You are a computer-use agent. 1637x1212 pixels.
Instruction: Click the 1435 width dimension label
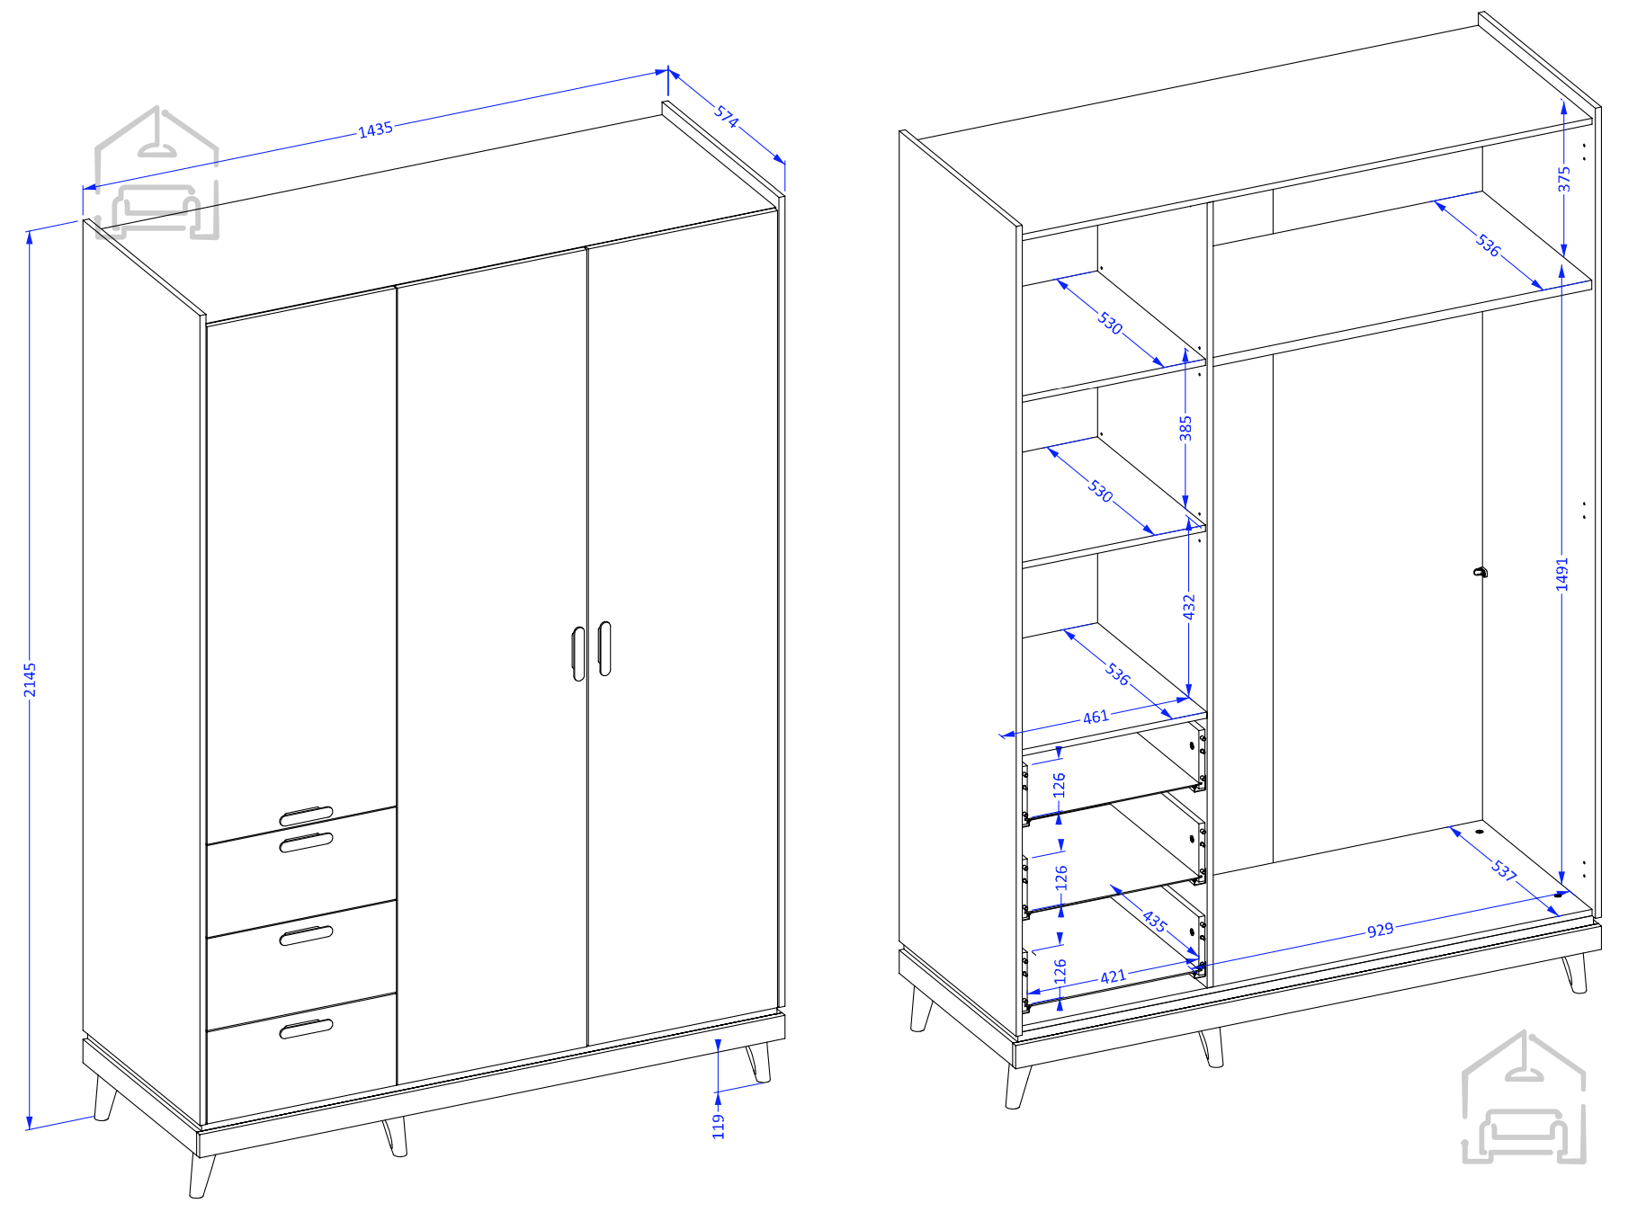tap(376, 129)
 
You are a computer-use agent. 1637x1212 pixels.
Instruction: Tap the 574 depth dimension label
tap(727, 117)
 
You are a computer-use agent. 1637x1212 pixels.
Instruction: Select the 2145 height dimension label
tap(30, 680)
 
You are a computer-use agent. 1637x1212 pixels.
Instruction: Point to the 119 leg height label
tap(718, 1126)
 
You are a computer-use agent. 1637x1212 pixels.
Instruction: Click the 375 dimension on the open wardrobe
tap(1564, 179)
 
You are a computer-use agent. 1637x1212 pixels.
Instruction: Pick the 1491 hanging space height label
tap(1562, 575)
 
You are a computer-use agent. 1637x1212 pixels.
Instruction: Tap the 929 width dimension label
tap(1380, 930)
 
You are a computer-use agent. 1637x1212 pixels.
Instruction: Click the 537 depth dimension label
tap(1504, 870)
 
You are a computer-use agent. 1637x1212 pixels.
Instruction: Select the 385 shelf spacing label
tap(1185, 428)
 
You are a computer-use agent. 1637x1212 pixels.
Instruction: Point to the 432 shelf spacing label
tap(1189, 607)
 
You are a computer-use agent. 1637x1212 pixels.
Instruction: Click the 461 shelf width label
tap(1096, 717)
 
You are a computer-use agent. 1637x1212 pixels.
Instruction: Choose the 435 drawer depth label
tap(1155, 921)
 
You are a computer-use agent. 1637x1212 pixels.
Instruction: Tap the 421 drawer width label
tap(1113, 976)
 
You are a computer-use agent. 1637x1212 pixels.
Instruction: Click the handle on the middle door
tap(578, 654)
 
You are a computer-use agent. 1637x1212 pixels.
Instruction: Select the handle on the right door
tap(604, 648)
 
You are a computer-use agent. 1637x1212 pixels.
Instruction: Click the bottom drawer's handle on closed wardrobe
tap(306, 1029)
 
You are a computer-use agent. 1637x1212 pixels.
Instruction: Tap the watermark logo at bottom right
tap(1523, 1098)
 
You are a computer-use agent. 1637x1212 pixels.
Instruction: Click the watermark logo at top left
tap(157, 174)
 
